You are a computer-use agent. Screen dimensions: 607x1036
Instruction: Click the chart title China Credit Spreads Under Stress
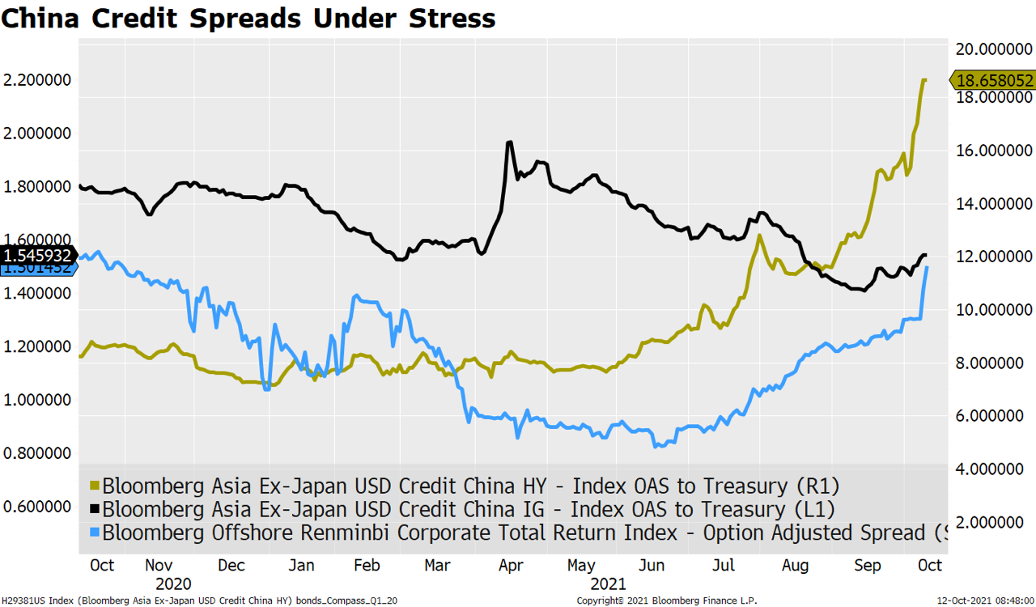(x=248, y=18)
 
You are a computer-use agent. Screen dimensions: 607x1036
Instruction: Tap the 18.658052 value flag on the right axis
(x=995, y=80)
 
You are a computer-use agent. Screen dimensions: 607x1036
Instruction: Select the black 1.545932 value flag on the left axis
(x=38, y=255)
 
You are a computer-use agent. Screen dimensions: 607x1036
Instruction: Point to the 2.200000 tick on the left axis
(x=36, y=80)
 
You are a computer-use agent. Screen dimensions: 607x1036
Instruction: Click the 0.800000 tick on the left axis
(x=36, y=453)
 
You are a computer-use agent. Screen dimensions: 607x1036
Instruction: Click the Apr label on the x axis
(x=510, y=565)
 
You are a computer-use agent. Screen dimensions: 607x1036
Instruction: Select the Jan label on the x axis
(x=301, y=565)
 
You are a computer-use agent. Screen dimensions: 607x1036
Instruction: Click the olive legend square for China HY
(x=94, y=486)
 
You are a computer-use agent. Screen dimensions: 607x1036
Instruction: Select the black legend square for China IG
(x=94, y=510)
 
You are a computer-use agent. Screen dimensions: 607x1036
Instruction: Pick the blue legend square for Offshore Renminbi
(x=94, y=533)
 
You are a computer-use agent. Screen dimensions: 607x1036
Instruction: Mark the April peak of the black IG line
(x=509, y=142)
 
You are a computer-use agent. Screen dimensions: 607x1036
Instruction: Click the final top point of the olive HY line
(x=923, y=79)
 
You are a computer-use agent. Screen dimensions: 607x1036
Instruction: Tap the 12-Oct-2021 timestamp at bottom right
(x=983, y=601)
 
